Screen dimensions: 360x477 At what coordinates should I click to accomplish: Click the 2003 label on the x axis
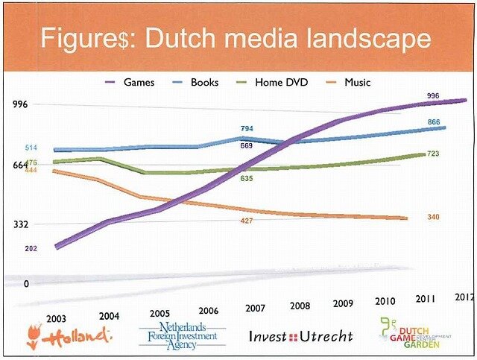pos(56,318)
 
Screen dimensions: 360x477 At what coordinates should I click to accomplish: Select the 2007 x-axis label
pos(255,308)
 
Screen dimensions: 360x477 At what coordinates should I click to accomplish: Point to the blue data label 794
pos(247,129)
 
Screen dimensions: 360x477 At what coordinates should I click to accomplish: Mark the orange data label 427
pos(247,221)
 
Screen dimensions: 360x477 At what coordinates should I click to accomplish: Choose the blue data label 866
pos(435,121)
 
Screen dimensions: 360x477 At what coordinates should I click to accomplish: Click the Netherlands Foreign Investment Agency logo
pos(182,335)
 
